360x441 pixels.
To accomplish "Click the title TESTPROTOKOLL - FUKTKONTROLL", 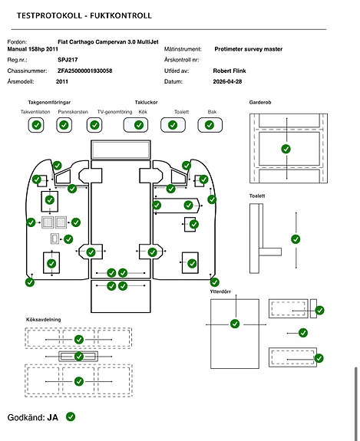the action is pyautogui.click(x=84, y=15).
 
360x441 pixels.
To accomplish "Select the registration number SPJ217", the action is pyautogui.click(x=68, y=60).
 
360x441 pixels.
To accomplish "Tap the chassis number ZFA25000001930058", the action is pyautogui.click(x=84, y=71).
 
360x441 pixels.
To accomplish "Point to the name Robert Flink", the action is pyautogui.click(x=230, y=71).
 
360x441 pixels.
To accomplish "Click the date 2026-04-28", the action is pyautogui.click(x=227, y=81).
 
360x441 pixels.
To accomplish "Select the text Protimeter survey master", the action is pyautogui.click(x=248, y=49).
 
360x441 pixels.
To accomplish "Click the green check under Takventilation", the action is pyautogui.click(x=37, y=125).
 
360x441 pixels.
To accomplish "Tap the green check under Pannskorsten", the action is pyautogui.click(x=64, y=125).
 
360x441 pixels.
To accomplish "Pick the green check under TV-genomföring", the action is pyautogui.click(x=94, y=125).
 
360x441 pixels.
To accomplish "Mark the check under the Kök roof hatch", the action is pyautogui.click(x=139, y=125).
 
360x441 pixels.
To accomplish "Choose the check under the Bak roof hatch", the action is pyautogui.click(x=210, y=125).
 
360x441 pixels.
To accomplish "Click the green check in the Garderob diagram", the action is pyautogui.click(x=286, y=149).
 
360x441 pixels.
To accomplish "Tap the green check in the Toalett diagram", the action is pyautogui.click(x=296, y=239).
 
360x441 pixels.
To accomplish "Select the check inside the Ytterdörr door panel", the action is pyautogui.click(x=235, y=324).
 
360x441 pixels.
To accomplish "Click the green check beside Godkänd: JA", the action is pyautogui.click(x=71, y=416).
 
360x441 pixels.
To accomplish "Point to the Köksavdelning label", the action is pyautogui.click(x=43, y=320).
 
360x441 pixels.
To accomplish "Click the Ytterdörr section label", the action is pyautogui.click(x=220, y=291).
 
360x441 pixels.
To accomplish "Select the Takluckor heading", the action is pyautogui.click(x=146, y=102).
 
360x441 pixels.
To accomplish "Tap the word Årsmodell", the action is pyautogui.click(x=21, y=81).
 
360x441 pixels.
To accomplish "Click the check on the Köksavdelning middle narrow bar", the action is pyautogui.click(x=79, y=357).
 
